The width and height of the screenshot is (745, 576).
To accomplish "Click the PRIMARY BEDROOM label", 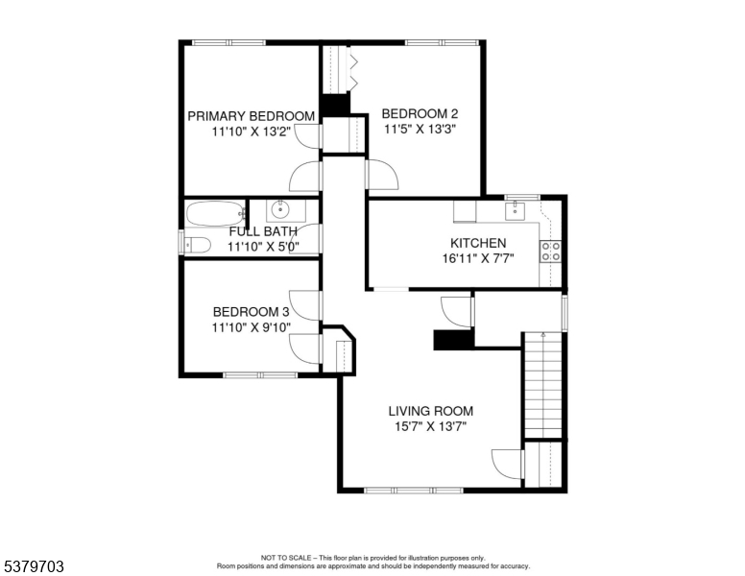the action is (251, 116).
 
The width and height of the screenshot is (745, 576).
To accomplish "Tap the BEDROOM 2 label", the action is (420, 113).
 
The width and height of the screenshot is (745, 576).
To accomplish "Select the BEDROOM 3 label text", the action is (251, 312).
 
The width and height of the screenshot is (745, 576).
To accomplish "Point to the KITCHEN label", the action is (478, 243).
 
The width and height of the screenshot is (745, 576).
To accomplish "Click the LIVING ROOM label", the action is (431, 411).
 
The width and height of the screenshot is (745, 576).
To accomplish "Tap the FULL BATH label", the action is (263, 231).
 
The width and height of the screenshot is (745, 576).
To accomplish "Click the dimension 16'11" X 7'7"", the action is (478, 258).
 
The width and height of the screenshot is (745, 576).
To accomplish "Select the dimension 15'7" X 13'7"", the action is (431, 426).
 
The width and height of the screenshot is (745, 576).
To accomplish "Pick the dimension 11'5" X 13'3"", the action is (420, 129).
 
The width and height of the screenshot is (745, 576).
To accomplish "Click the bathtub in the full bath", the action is (215, 214).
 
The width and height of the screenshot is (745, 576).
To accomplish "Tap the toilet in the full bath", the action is (198, 245).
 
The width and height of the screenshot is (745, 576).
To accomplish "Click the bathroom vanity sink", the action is (279, 208).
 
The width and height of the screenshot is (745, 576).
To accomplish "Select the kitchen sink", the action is (515, 209).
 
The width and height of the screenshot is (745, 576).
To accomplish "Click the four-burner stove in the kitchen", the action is (551, 251).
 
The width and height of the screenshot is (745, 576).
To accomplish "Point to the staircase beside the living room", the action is (542, 385).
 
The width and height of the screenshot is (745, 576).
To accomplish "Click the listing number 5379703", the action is (34, 566).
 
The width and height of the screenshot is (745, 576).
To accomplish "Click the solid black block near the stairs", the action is (454, 340).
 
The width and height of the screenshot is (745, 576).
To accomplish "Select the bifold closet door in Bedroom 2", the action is (354, 70).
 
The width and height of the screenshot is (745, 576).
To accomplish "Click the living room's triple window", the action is (414, 490).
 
